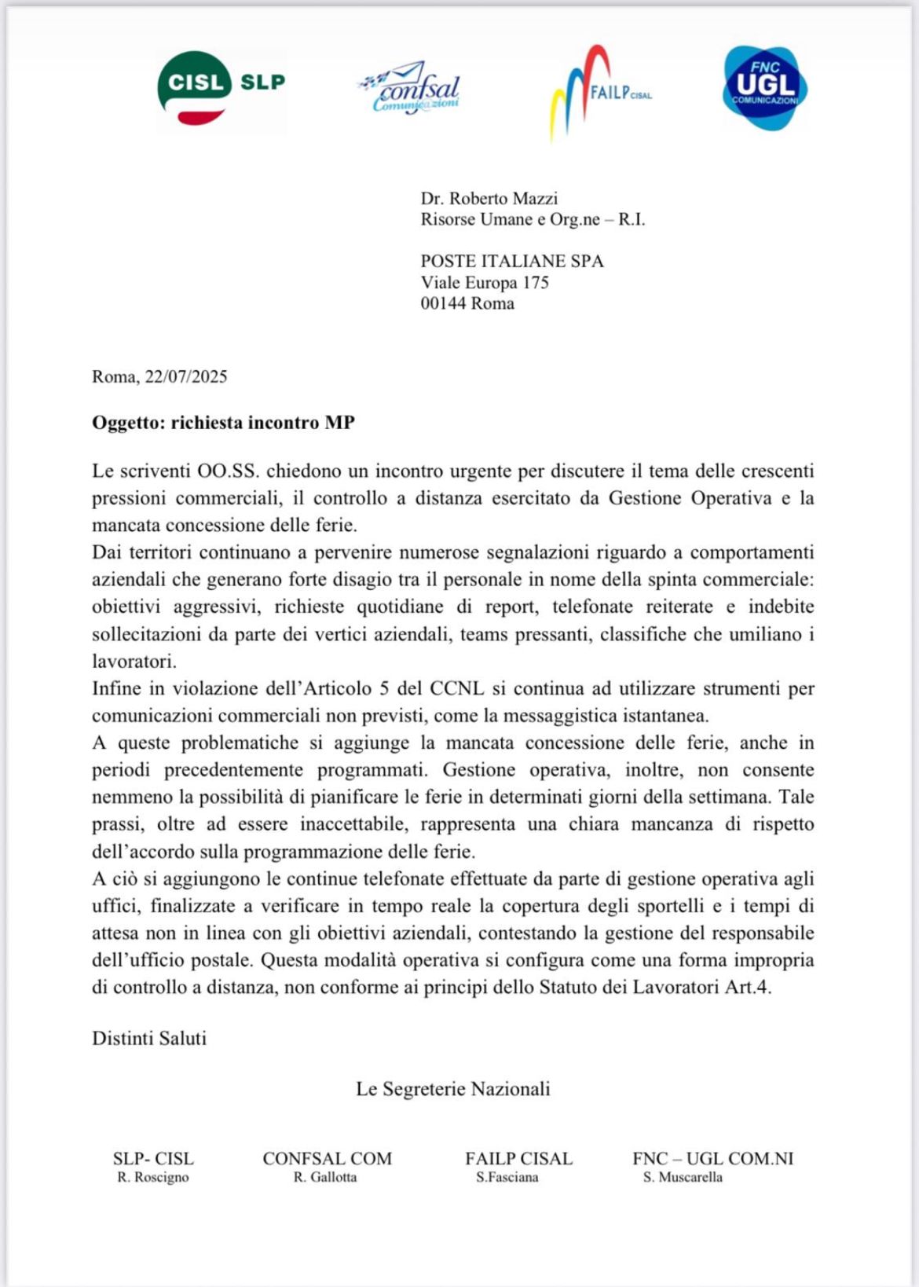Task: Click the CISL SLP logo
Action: point(221,89)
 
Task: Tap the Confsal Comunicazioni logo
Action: point(410,89)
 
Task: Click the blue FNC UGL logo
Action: point(764,87)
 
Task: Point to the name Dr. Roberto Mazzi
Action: point(489,199)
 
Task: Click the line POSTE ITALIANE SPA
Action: point(512,262)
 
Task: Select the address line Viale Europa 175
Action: point(484,283)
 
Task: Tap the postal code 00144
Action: point(443,304)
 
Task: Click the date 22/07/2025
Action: point(185,377)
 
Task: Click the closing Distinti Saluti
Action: point(149,1039)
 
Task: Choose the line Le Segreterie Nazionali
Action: point(452,1090)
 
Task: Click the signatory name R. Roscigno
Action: point(153,1178)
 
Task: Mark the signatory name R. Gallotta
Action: point(325,1178)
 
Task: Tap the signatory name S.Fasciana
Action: point(507,1178)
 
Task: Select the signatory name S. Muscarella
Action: point(683,1178)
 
